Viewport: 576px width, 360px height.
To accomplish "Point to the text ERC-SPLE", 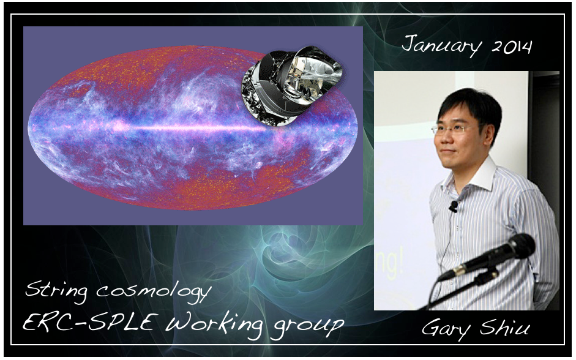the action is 88,323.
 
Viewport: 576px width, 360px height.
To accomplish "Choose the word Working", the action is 214,324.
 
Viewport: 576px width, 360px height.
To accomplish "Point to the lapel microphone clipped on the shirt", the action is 454,206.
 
